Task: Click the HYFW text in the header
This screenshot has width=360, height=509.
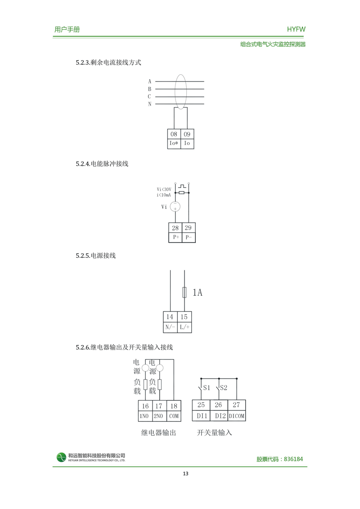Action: pos(296,29)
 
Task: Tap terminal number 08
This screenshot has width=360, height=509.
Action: pos(173,134)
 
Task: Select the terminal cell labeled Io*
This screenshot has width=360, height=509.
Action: pos(173,144)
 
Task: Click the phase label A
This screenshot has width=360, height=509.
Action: pos(150,81)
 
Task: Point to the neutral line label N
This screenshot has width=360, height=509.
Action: pos(150,104)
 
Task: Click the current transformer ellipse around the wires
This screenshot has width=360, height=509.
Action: pos(180,92)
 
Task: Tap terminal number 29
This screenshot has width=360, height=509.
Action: pos(188,228)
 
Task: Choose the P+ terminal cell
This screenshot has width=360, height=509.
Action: pos(175,238)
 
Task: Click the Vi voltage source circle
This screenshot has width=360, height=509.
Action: pos(175,207)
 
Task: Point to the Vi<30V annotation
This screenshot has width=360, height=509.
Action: pos(164,189)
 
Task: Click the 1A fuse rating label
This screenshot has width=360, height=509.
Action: pos(198,293)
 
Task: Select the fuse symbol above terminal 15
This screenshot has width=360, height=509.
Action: pos(184,293)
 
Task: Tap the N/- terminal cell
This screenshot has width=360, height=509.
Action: pos(170,327)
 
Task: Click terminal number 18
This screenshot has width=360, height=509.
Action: pos(174,406)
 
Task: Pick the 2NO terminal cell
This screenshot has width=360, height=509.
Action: pos(159,416)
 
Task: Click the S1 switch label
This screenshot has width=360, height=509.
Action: pos(207,387)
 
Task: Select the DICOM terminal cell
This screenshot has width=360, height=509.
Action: pos(237,416)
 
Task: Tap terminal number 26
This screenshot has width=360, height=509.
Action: pos(218,405)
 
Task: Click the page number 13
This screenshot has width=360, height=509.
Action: pos(185,474)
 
